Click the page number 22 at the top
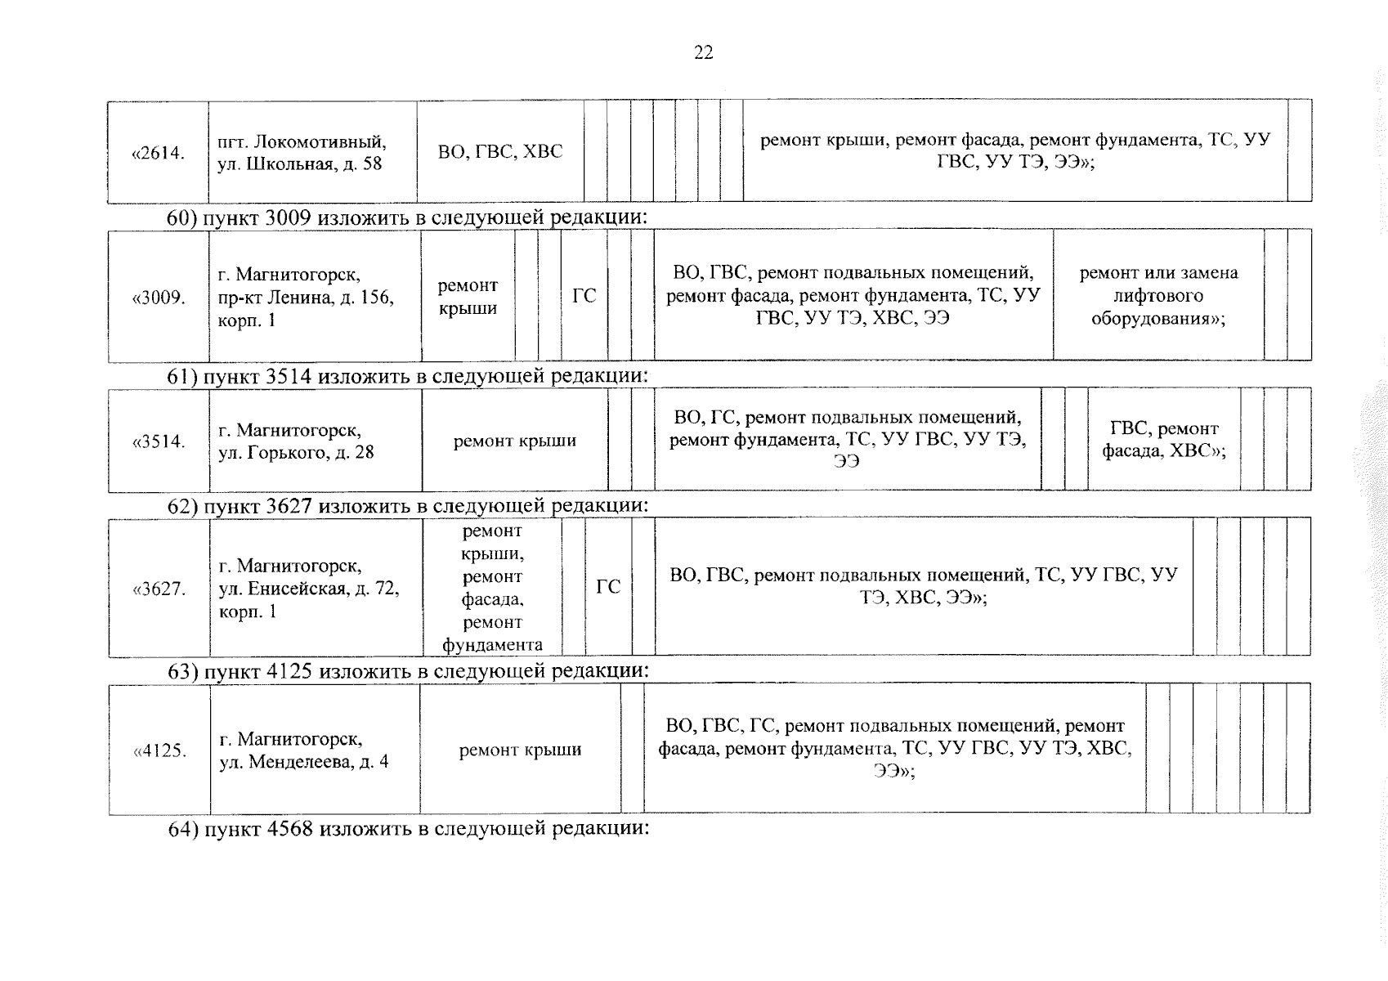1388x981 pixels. click(703, 53)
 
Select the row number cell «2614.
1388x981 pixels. click(158, 153)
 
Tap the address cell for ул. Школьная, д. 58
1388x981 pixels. click(312, 153)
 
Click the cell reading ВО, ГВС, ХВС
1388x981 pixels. click(500, 152)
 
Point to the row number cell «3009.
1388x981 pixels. click(159, 297)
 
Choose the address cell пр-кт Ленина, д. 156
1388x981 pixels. click(315, 297)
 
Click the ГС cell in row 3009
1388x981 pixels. click(584, 296)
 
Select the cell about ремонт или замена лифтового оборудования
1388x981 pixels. click(1158, 295)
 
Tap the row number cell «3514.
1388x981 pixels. click(159, 441)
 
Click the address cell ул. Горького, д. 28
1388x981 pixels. click(315, 441)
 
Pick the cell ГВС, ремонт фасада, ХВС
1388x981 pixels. click(1164, 440)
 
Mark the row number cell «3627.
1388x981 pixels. click(159, 589)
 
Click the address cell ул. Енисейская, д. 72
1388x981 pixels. click(316, 589)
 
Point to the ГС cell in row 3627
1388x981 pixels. click(608, 587)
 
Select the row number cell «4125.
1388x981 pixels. click(159, 750)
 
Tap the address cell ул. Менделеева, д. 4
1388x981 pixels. click(315, 750)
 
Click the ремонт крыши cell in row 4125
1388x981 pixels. click(520, 750)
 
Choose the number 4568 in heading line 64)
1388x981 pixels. click(290, 829)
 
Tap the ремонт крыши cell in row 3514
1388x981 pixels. click(515, 441)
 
